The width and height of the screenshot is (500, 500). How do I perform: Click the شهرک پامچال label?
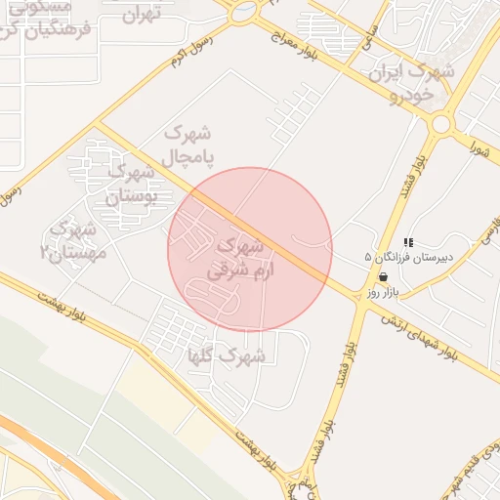(189, 144)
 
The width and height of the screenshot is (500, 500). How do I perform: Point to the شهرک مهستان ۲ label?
(68, 240)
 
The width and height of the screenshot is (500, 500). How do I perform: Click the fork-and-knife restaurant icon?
(408, 242)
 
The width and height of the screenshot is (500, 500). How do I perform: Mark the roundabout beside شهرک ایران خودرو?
(441, 124)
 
